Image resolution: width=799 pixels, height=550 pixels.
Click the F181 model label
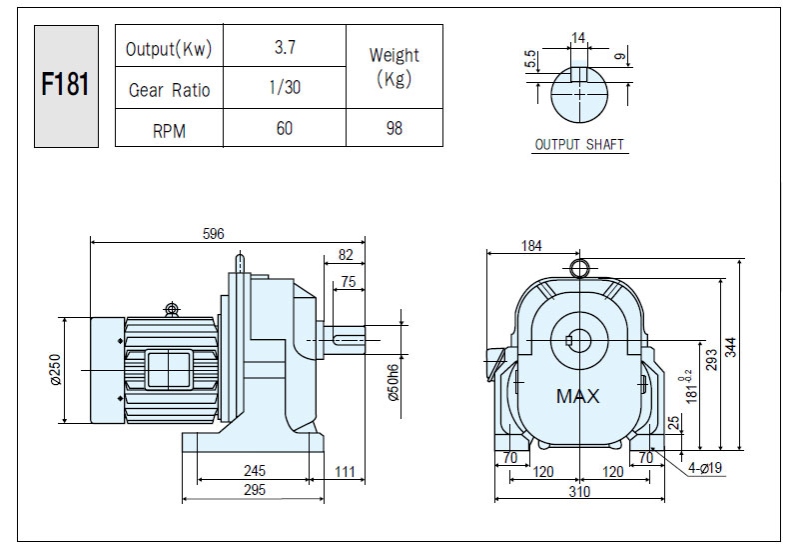coord(65,84)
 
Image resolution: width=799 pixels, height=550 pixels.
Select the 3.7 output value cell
coord(285,47)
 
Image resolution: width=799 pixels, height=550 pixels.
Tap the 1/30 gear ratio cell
coord(285,87)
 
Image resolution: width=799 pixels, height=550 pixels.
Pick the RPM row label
coord(169,131)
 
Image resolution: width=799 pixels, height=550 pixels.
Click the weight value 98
coord(394,128)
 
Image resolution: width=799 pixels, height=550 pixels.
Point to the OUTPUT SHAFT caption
coord(579,144)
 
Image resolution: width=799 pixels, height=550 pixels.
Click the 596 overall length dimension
coord(213,234)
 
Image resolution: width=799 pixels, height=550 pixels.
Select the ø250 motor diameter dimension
coord(56,370)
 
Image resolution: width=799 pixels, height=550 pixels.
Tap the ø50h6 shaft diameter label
coord(394,383)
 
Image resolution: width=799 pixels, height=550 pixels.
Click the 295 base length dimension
coord(255,490)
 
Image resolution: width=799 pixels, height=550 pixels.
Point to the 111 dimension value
coord(345,471)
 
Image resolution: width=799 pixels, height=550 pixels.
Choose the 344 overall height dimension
coord(731,347)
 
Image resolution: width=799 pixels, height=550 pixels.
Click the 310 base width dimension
coord(579,491)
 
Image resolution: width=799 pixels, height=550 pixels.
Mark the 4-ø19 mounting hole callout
coord(705,467)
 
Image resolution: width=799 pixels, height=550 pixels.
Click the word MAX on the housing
coord(578,396)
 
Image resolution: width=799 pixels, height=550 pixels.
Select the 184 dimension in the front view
coord(531,246)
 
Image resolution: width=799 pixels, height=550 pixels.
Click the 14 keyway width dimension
coord(578,38)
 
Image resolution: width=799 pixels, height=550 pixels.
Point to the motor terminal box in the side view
coord(168,370)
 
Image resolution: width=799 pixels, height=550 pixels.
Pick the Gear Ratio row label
coord(169,90)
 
